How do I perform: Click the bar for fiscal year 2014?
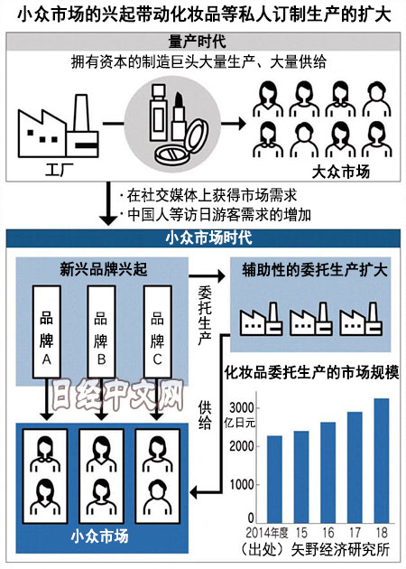pyautogui.click(x=274, y=479)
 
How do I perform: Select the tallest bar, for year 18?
pyautogui.click(x=382, y=461)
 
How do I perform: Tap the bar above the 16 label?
pyautogui.click(x=328, y=472)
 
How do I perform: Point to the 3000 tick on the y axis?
pyautogui.click(x=242, y=408)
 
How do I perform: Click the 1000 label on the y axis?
pyautogui.click(x=242, y=484)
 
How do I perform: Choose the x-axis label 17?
pyautogui.click(x=355, y=533)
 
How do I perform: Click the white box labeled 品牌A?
pyautogui.click(x=47, y=331)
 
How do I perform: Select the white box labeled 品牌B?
pyautogui.click(x=101, y=331)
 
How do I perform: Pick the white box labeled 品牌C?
pyautogui.click(x=157, y=331)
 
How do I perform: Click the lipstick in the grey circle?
pyautogui.click(x=179, y=117)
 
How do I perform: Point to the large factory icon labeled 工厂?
pyautogui.click(x=59, y=126)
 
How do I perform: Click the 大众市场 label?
pyautogui.click(x=341, y=172)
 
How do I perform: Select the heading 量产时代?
pyautogui.click(x=198, y=42)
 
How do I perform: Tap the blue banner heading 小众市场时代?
pyautogui.click(x=208, y=238)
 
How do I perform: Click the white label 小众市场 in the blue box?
pyautogui.click(x=99, y=536)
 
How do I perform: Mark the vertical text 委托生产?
pyautogui.click(x=205, y=315)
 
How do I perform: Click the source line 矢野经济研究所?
pyautogui.click(x=340, y=549)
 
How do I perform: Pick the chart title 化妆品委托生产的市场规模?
pyautogui.click(x=312, y=372)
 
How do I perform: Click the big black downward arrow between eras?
pyautogui.click(x=108, y=203)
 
